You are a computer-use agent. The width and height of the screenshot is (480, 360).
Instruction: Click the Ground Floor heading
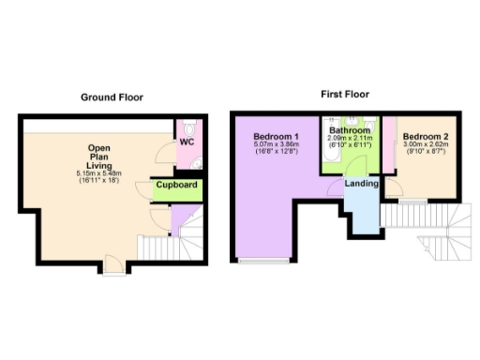tap(111, 97)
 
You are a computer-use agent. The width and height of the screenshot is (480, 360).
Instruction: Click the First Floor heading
tap(343, 94)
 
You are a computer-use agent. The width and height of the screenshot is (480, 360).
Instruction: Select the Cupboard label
tap(176, 186)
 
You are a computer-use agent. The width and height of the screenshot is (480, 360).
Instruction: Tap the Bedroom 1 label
tap(275, 137)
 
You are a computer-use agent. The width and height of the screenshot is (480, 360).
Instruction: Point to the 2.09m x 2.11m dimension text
tap(349, 139)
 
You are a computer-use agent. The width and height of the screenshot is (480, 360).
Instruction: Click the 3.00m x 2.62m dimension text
tap(426, 145)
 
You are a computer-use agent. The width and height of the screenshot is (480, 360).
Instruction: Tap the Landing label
tap(362, 184)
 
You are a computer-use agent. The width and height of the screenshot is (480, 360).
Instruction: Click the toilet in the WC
tap(190, 129)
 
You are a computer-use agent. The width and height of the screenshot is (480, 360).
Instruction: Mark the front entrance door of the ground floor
tap(113, 272)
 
